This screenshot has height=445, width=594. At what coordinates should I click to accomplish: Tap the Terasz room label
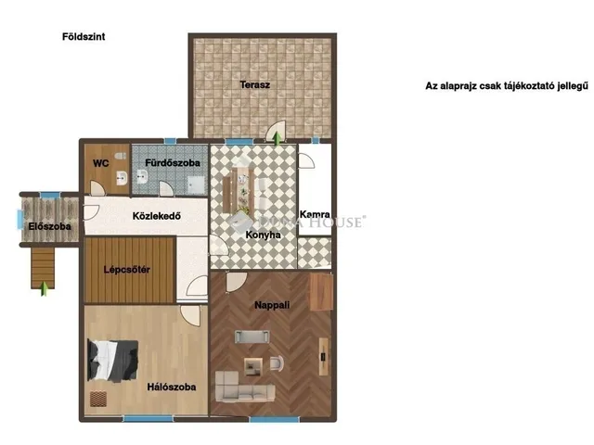[254, 84]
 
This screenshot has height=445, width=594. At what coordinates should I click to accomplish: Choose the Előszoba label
[44, 225]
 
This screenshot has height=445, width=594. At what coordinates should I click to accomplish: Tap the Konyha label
[263, 235]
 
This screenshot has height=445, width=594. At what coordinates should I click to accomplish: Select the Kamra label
[316, 214]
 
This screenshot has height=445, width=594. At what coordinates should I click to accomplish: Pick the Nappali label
[273, 304]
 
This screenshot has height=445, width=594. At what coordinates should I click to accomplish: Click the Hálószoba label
[172, 387]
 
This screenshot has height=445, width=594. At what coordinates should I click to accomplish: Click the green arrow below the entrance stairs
[44, 287]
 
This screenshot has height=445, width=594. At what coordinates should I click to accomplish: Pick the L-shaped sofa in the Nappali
[243, 383]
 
